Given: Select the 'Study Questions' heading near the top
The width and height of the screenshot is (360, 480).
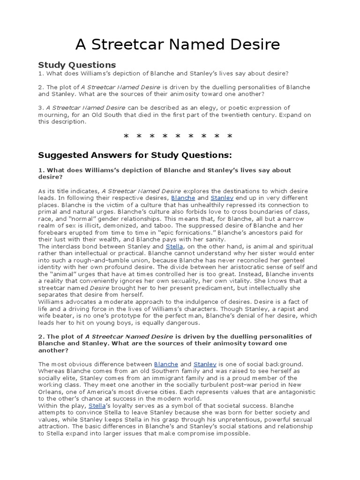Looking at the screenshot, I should pos(76,65).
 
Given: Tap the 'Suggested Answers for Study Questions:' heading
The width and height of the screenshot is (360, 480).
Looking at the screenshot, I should pos(135,155).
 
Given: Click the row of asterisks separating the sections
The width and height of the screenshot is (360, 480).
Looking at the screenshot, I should pos(178,137).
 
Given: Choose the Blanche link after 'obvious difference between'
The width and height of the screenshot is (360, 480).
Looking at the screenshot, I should pos(166,364).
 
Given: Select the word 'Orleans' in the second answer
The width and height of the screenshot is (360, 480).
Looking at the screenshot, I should pos(50,391).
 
